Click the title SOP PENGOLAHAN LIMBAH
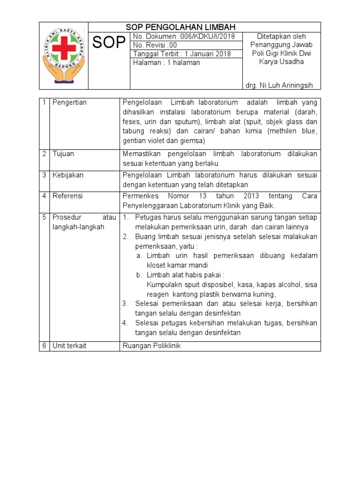[180, 27]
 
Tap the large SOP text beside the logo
[109, 43]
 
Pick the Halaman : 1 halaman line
[166, 62]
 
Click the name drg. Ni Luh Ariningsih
[279, 85]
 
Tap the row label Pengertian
[69, 103]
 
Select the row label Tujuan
[63, 154]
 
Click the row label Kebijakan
[68, 175]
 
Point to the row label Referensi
[67, 196]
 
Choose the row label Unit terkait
[69, 346]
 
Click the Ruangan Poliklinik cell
[151, 346]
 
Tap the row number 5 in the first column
[44, 217]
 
